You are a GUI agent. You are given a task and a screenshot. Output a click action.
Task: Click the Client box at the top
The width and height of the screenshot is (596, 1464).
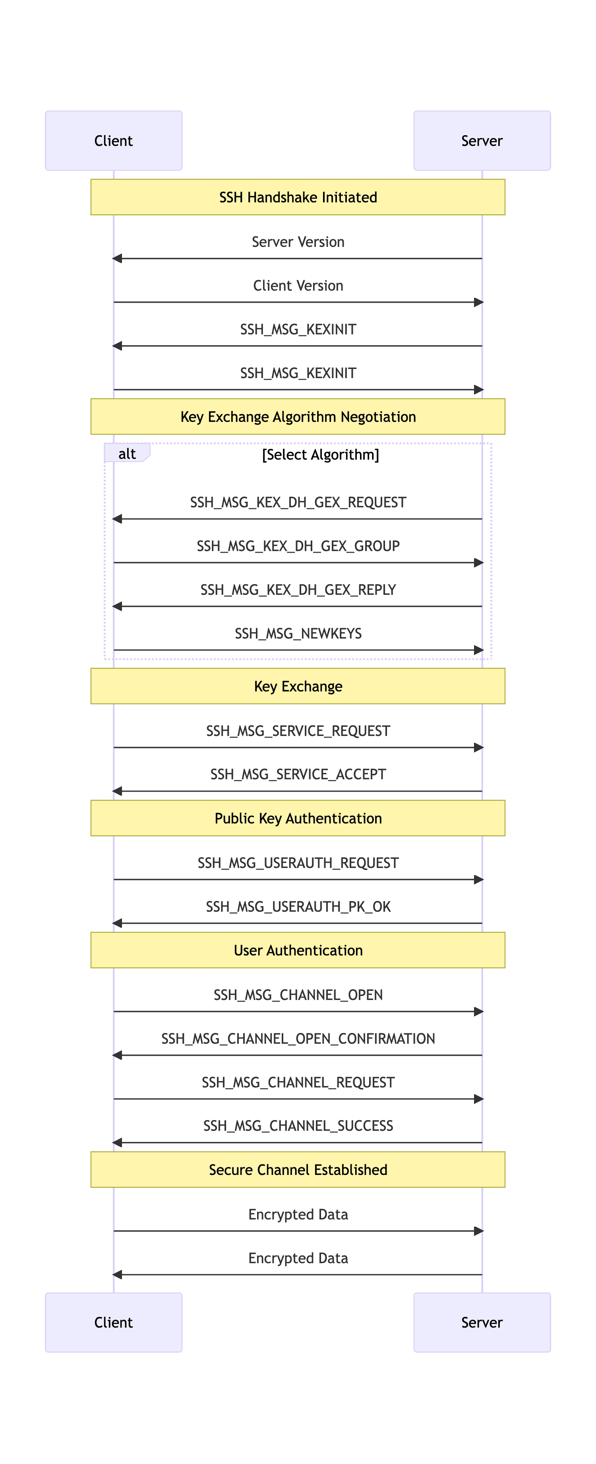114,140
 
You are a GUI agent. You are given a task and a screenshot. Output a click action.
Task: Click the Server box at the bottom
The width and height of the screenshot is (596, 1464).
482,1322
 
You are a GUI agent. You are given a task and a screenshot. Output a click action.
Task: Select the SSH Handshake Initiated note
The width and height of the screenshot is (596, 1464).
298,197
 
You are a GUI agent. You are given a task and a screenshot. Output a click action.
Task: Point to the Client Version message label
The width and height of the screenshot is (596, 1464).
298,286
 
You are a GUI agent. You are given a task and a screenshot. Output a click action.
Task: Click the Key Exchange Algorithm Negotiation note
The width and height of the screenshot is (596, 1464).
298,417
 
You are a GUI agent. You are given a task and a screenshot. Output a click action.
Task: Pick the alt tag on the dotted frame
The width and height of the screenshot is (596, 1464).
127,454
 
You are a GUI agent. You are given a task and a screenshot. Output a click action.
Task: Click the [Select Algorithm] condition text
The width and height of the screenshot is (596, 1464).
320,454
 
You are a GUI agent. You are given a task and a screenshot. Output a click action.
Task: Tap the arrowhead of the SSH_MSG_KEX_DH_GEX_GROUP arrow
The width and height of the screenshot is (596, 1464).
478,563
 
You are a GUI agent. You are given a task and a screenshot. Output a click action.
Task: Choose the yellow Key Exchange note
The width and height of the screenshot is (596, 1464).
298,686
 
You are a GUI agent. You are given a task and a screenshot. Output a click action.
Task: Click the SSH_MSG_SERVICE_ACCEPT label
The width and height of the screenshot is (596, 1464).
298,775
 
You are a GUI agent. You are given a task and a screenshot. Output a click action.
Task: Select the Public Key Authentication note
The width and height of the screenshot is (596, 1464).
298,818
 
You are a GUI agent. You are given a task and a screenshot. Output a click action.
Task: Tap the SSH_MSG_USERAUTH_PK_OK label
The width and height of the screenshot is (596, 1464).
298,907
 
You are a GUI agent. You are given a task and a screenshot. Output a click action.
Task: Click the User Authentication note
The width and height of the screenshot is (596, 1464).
298,950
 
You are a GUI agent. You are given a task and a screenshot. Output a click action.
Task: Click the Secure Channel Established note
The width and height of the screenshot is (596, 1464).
298,1170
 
